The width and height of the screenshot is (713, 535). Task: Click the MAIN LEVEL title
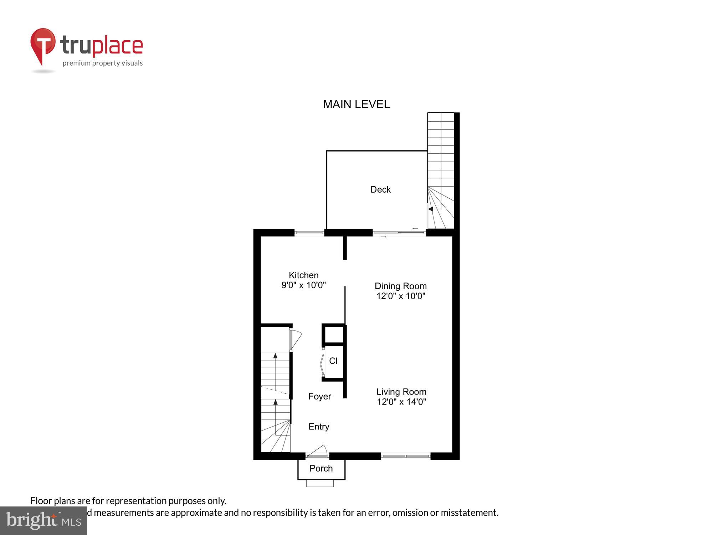[x=356, y=104]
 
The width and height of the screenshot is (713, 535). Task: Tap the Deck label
[x=380, y=189]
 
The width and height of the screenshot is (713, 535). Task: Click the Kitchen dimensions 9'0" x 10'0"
[x=303, y=285]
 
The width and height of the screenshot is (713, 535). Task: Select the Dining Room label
[x=400, y=286]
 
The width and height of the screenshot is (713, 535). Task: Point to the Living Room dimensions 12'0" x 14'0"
[x=401, y=402]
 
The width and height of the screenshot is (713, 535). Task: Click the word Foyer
[x=319, y=397]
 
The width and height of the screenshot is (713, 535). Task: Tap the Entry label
[x=319, y=427]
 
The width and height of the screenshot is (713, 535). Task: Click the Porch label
[x=321, y=468]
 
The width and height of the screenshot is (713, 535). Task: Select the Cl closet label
[x=333, y=361]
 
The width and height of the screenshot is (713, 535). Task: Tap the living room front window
[x=406, y=456]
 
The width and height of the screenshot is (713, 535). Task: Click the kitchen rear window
[x=309, y=233]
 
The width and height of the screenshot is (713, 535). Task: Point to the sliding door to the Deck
[x=399, y=233]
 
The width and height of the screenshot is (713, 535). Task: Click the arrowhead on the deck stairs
[x=430, y=209]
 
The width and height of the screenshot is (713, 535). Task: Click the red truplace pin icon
[x=43, y=45]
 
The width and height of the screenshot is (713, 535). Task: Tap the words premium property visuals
[x=103, y=63]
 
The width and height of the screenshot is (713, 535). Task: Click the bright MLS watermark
[x=43, y=521]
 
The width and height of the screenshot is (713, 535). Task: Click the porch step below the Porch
[x=320, y=483]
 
